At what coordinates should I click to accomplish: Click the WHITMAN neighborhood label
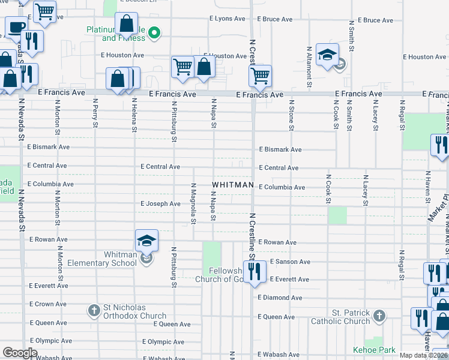[233, 185]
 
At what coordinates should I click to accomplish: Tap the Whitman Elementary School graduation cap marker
[147, 241]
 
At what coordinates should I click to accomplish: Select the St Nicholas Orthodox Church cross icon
[94, 310]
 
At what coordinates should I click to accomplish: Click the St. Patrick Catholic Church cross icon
[379, 315]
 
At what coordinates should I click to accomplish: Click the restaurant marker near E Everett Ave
[255, 271]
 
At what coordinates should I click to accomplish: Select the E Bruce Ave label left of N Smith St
[276, 19]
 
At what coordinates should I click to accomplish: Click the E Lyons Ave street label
[227, 19]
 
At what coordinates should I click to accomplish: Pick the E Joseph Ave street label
[160, 204]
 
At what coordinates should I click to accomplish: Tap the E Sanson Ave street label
[290, 262]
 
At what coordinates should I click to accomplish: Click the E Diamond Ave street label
[280, 298]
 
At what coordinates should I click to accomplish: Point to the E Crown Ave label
[47, 304]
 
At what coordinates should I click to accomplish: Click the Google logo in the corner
[20, 353]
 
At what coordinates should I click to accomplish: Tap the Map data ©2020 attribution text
[424, 355]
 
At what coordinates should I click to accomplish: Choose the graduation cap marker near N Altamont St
[327, 56]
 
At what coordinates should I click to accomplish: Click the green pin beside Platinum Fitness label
[154, 32]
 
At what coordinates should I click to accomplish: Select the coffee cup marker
[16, 27]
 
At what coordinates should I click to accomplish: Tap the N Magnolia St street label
[193, 203]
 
